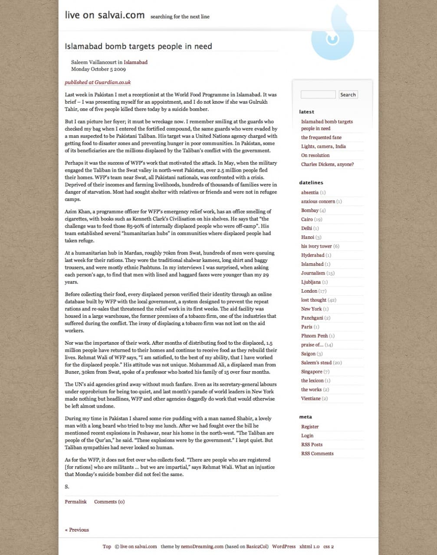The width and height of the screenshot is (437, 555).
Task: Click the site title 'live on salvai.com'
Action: (105, 15)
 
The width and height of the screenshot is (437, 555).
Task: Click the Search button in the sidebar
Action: (348, 95)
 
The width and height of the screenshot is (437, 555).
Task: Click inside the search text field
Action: (318, 95)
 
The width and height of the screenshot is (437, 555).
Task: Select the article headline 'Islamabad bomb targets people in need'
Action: (138, 46)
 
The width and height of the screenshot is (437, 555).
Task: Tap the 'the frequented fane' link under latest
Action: (321, 137)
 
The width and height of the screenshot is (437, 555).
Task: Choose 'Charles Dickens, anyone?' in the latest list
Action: (327, 164)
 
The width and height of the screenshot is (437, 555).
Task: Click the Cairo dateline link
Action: (307, 219)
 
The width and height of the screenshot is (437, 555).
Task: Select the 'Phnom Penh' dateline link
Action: (314, 336)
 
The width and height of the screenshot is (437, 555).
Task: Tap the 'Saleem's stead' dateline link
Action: (316, 363)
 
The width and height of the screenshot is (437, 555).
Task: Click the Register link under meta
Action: (310, 427)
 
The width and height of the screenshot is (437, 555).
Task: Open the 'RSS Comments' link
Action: (317, 454)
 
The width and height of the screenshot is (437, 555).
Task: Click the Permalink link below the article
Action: (76, 502)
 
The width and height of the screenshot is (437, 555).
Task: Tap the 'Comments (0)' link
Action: (109, 502)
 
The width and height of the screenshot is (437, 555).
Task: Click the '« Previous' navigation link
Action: (77, 530)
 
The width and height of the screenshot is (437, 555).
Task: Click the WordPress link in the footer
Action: (284, 547)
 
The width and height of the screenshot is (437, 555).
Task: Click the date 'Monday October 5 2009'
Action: (99, 69)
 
